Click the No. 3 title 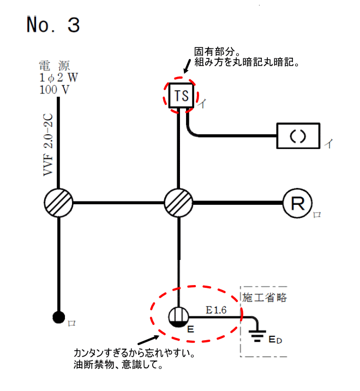pos(53,25)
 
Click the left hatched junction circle pos(58,203)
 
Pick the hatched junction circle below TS pos(179,203)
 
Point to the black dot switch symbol pos(59,317)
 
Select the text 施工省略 pos(265,298)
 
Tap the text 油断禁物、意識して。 pos(118,365)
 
